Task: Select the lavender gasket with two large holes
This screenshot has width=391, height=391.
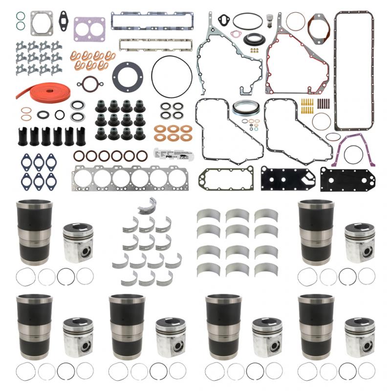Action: (x=89, y=29)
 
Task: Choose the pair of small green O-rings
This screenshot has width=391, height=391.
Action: (x=20, y=20)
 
